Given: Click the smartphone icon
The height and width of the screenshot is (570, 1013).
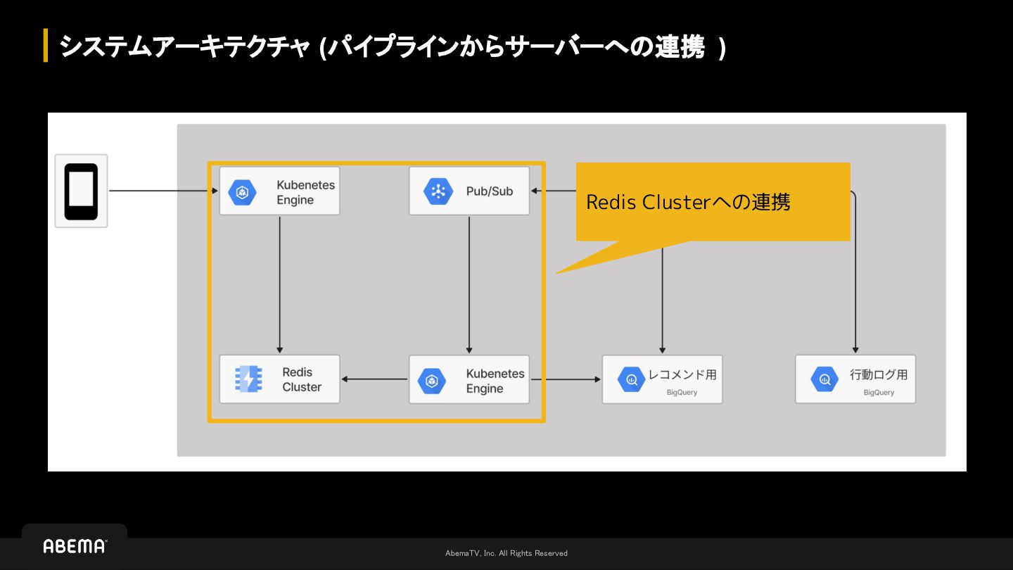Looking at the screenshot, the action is pyautogui.click(x=81, y=191).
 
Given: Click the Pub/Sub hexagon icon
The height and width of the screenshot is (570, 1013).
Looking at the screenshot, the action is pyautogui.click(x=438, y=191).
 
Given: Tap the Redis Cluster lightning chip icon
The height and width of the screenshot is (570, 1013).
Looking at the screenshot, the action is pyautogui.click(x=248, y=379).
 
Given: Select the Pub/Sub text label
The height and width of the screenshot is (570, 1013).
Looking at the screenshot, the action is pyautogui.click(x=490, y=191).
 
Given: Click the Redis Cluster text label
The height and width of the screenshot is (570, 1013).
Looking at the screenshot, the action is pyautogui.click(x=302, y=379).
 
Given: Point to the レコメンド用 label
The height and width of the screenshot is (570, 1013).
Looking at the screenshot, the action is pyautogui.click(x=682, y=374).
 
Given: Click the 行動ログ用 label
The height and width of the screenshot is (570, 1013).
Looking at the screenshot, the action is pyautogui.click(x=879, y=374).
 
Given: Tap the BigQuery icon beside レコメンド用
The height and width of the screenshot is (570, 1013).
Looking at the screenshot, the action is pyautogui.click(x=631, y=379).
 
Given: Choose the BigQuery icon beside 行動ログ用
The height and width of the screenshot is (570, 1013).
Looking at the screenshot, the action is pyautogui.click(x=824, y=379).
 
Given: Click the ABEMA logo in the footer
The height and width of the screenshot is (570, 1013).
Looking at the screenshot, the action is pyautogui.click(x=75, y=546).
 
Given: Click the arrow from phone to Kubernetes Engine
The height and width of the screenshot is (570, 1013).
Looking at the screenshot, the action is pyautogui.click(x=163, y=191).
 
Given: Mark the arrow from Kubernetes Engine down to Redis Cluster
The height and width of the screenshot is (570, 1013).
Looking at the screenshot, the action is pyautogui.click(x=279, y=285).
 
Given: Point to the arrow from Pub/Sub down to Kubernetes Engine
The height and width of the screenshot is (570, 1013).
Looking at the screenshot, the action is pyautogui.click(x=469, y=285).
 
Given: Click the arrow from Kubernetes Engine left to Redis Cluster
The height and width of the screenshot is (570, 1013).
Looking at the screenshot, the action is pyautogui.click(x=374, y=379).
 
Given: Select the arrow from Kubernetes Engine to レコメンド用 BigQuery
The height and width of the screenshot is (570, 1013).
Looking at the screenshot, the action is pyautogui.click(x=566, y=379).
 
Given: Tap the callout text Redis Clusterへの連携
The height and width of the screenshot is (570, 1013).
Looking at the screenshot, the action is pyautogui.click(x=688, y=202).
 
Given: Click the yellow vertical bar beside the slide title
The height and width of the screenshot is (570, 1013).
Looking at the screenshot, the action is pyautogui.click(x=46, y=45).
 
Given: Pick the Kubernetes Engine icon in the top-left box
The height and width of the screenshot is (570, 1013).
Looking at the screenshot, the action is pyautogui.click(x=243, y=192).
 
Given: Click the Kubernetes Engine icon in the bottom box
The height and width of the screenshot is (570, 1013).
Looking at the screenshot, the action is pyautogui.click(x=432, y=381).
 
